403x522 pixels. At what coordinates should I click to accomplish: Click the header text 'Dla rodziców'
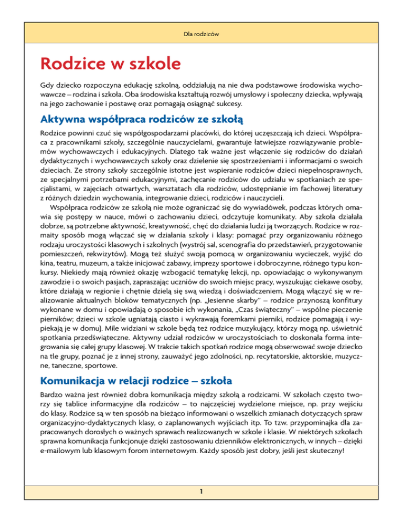201,34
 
